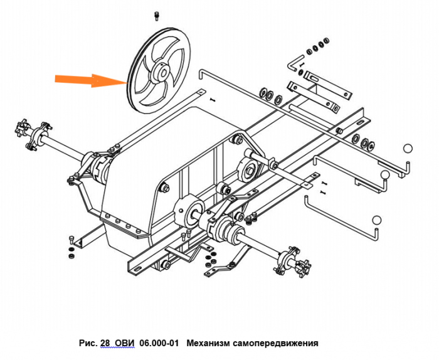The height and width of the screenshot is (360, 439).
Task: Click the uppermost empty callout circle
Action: [407, 149]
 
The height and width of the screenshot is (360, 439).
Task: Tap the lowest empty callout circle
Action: [376, 220]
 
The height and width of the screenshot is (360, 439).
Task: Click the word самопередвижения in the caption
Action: [277, 343]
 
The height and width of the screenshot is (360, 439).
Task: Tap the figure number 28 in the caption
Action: [104, 343]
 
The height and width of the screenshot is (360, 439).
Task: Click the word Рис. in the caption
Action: [87, 343]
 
